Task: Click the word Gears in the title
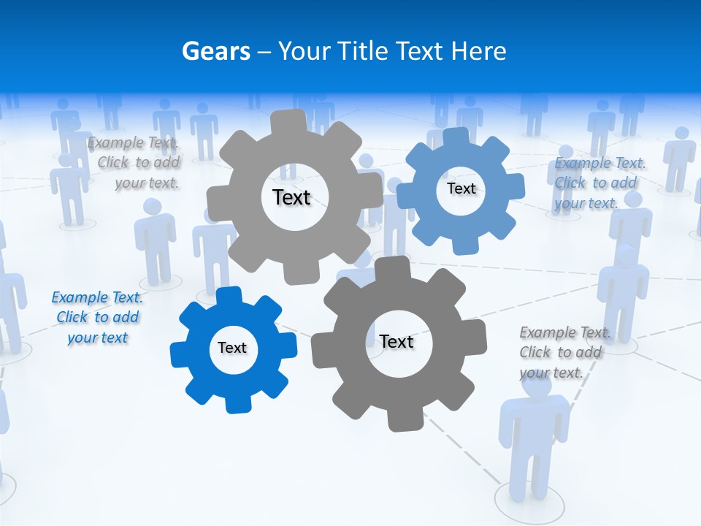[x=216, y=51]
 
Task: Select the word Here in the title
[x=478, y=51]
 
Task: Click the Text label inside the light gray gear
[x=291, y=197]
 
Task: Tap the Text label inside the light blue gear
[x=461, y=188]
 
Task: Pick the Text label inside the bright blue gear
[x=232, y=348]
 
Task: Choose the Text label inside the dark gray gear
[x=397, y=341]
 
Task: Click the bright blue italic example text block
[x=97, y=317]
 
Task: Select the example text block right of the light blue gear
[x=600, y=183]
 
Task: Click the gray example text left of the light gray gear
[x=135, y=162]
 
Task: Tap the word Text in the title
[x=420, y=51]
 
